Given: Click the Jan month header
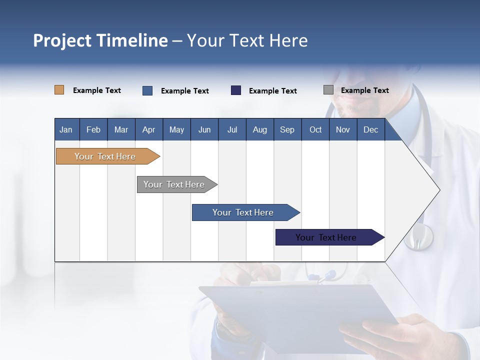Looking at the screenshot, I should [x=66, y=129].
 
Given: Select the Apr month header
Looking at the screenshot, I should [x=149, y=129].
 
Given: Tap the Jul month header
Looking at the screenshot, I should [x=232, y=129].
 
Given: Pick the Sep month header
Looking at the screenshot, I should [x=287, y=129].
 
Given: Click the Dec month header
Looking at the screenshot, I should [x=370, y=129].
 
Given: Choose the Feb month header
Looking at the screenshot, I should [x=93, y=129].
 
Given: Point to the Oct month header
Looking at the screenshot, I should [x=315, y=129].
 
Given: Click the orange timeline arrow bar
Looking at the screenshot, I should [x=105, y=156].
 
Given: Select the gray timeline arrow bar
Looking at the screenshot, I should [x=174, y=184].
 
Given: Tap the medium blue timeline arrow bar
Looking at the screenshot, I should [x=243, y=212].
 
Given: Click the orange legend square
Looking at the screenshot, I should [x=59, y=90].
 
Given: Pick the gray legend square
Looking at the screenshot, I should [x=328, y=90].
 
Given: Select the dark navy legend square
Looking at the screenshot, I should [x=236, y=90].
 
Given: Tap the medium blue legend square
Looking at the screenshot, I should [x=147, y=90].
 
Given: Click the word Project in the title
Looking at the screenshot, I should [x=62, y=40].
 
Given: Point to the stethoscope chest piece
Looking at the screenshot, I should [x=418, y=237].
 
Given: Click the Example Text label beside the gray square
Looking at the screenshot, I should [x=364, y=90].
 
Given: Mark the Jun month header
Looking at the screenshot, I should [x=204, y=129].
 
